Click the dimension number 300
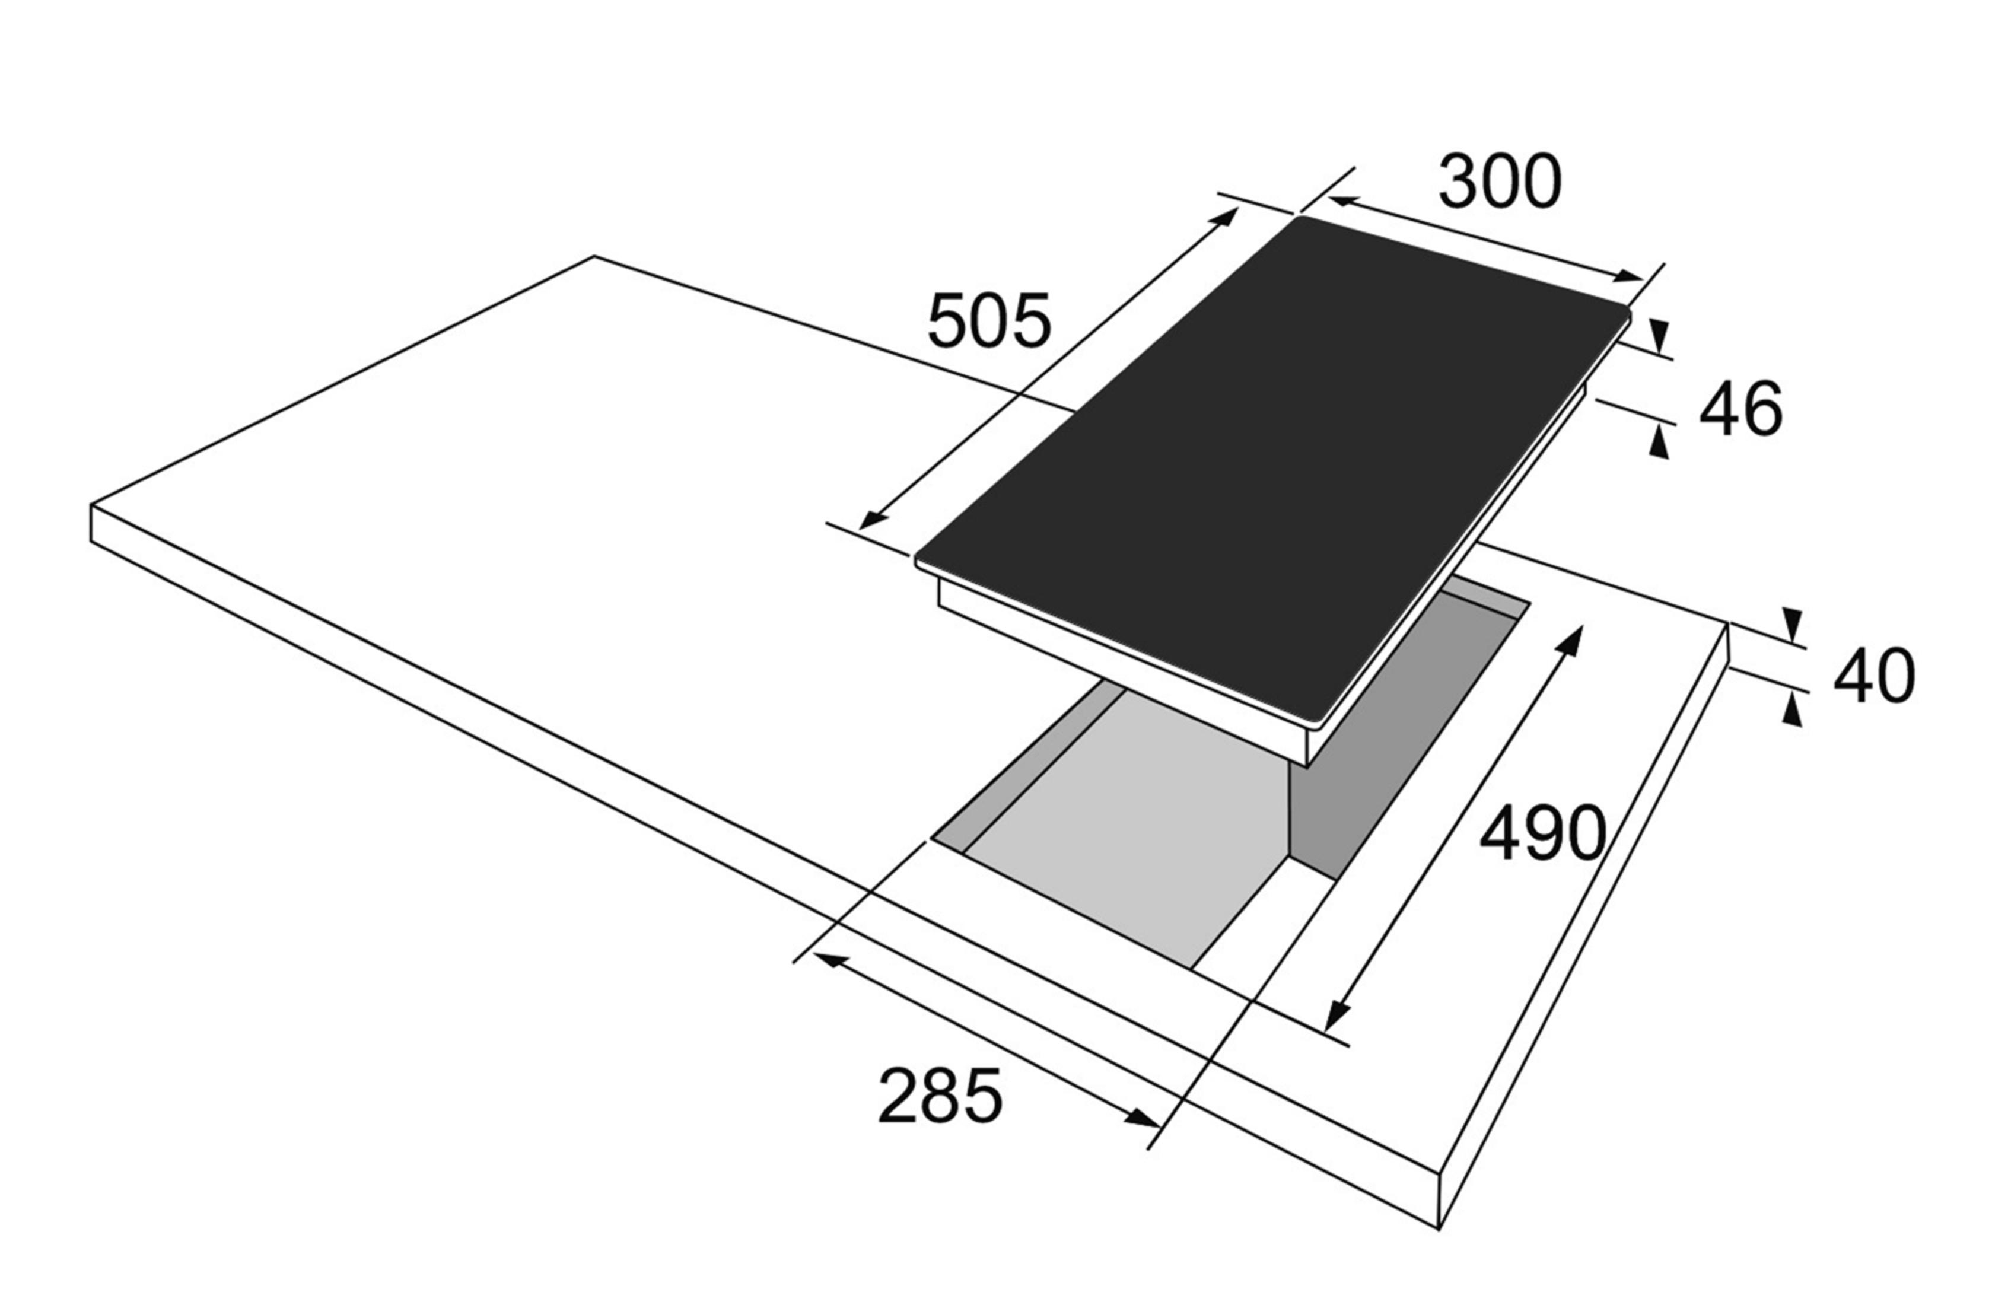[1500, 183]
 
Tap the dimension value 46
[1741, 409]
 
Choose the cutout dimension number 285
[940, 1096]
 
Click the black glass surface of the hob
[1272, 469]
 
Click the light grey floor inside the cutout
[1122, 829]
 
